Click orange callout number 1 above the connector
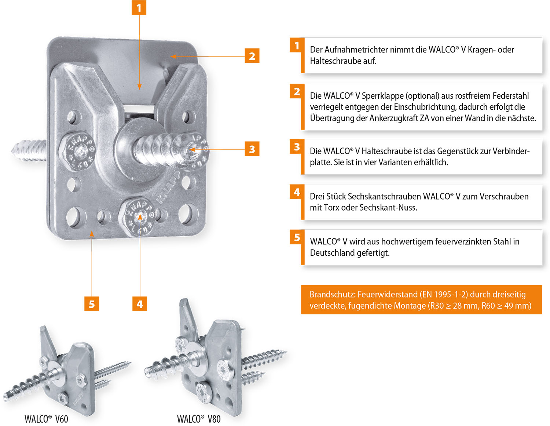click(139, 8)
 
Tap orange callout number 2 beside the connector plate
click(252, 56)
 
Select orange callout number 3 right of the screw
click(252, 149)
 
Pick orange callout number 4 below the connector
click(140, 304)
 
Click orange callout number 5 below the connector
click(92, 304)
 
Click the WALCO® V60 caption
click(46, 419)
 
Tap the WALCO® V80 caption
click(199, 419)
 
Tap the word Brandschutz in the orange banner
click(332, 295)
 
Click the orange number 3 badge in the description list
click(297, 147)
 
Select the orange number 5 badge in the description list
click(297, 238)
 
